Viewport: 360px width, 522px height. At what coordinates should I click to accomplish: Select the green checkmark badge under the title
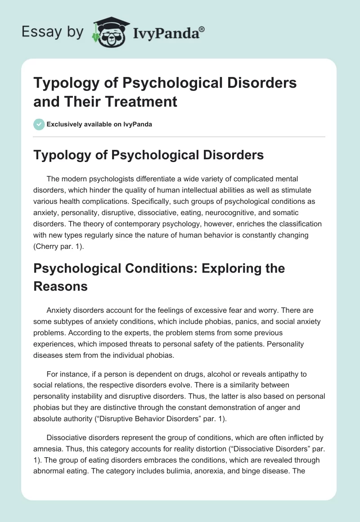coord(39,124)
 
